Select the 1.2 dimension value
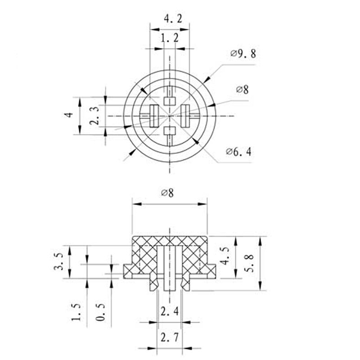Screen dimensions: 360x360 tap(170, 39)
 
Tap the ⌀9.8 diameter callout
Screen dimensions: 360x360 tap(243, 54)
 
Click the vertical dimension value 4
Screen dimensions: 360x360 tap(68, 115)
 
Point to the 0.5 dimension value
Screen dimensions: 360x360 tap(101, 311)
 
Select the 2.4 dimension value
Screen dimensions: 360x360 tap(170, 310)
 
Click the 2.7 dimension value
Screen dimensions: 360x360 tap(170, 337)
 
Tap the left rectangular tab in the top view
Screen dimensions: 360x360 tap(153, 115)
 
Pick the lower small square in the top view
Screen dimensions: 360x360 tap(169, 131)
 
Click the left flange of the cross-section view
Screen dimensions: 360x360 tap(131, 270)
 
